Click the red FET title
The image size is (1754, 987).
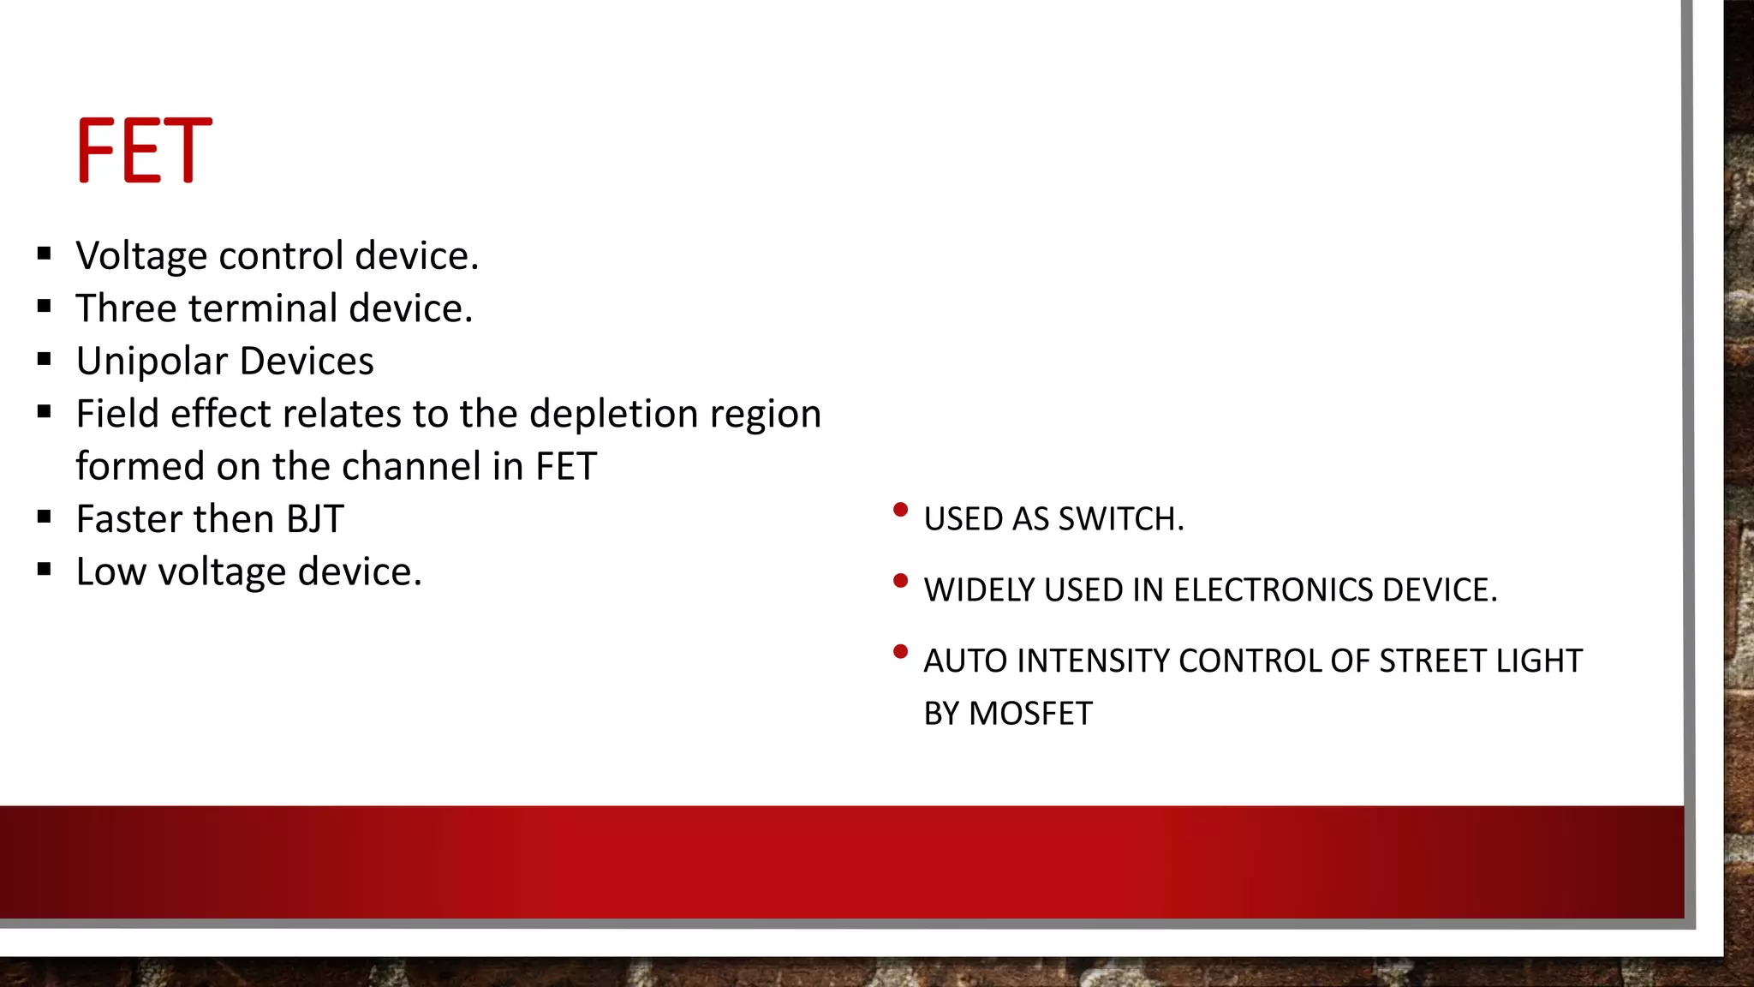click(144, 151)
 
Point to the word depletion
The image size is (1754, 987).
click(614, 415)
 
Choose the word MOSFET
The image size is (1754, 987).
click(1030, 714)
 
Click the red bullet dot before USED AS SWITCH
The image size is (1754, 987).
click(900, 511)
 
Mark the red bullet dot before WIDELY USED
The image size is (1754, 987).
click(900, 582)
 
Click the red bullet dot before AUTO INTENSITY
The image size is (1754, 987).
click(900, 653)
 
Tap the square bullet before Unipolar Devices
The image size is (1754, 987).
click(45, 359)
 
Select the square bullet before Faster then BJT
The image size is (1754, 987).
click(45, 517)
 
